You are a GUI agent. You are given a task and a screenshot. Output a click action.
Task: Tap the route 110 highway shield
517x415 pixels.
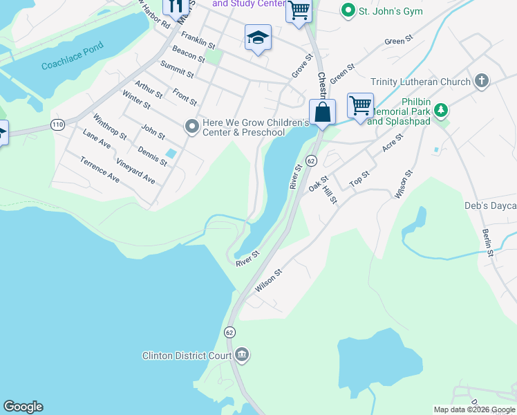[x=57, y=124]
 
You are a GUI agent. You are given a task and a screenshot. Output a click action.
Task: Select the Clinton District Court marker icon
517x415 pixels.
[x=242, y=355]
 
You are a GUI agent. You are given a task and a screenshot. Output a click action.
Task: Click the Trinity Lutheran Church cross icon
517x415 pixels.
[x=482, y=82]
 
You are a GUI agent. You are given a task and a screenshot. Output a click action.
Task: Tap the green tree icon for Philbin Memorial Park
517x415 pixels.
[x=440, y=110]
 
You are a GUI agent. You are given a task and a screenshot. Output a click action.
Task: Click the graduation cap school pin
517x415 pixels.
[x=258, y=38]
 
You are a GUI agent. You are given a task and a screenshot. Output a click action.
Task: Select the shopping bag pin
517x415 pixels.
[x=322, y=112]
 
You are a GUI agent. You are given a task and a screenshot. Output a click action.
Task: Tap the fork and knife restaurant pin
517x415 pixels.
[x=175, y=6]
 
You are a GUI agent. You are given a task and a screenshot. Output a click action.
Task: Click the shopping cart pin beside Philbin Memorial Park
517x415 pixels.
[x=360, y=107]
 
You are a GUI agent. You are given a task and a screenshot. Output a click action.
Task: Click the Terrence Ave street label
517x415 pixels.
[x=100, y=170]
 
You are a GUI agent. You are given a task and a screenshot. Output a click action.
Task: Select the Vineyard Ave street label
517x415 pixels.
[x=135, y=172]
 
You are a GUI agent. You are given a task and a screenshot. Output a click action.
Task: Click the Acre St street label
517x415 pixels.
[x=393, y=144]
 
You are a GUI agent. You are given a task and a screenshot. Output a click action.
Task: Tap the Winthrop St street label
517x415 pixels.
[x=110, y=127]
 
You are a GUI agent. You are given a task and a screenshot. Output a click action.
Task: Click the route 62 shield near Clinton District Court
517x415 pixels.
[x=229, y=332]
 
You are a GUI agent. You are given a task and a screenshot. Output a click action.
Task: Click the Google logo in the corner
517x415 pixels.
[x=23, y=407]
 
